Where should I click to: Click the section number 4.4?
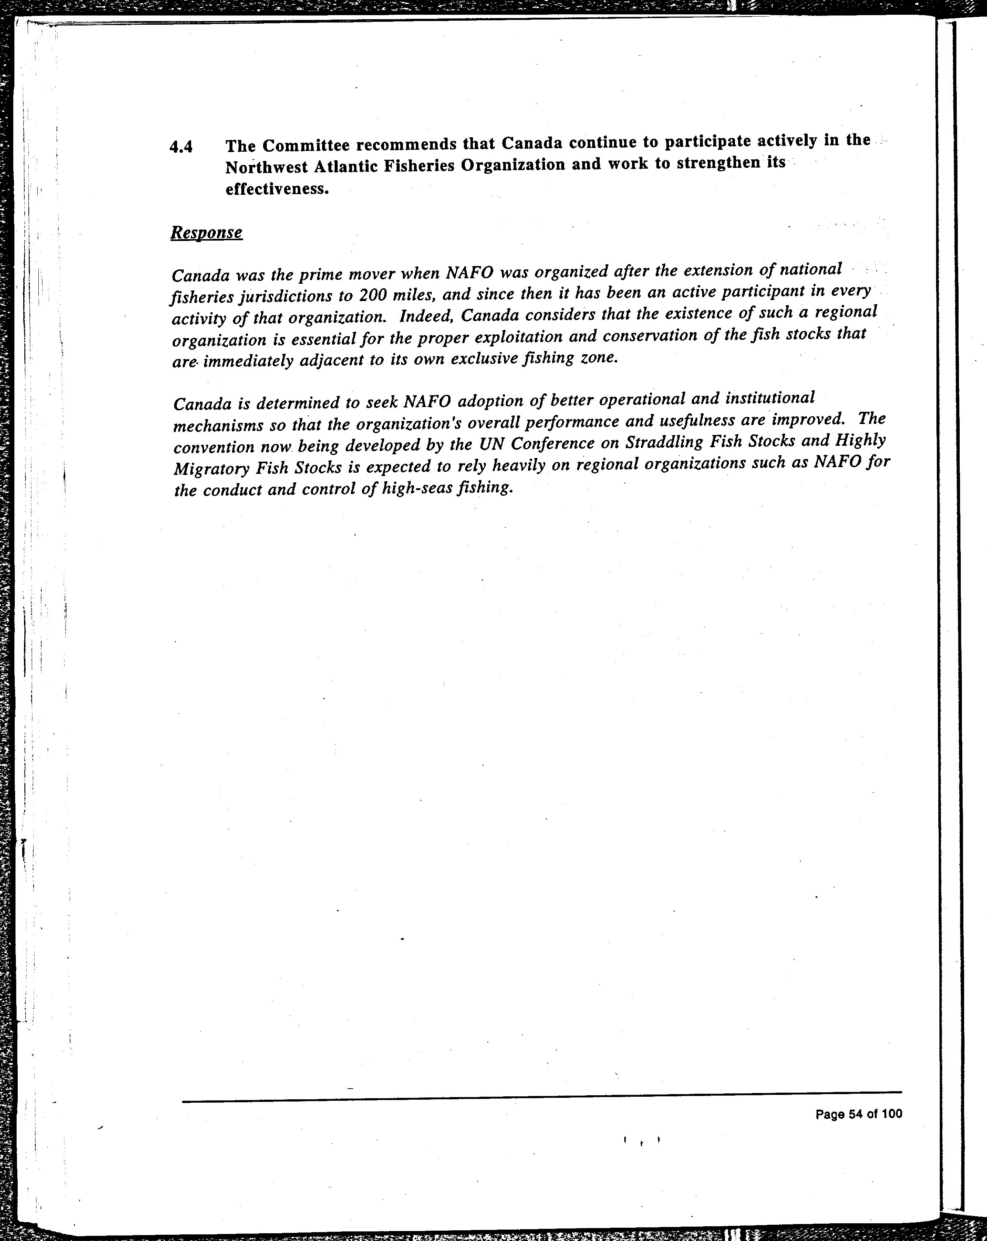click(181, 147)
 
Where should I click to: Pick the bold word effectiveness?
click(277, 189)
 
